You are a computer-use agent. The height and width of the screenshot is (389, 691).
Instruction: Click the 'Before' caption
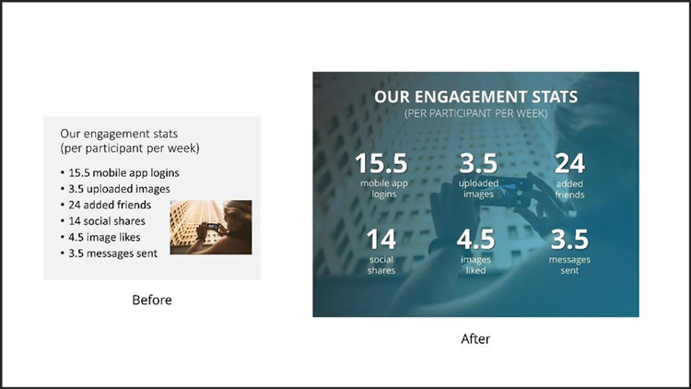152,300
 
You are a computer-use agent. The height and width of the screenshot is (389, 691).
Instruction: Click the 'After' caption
475,338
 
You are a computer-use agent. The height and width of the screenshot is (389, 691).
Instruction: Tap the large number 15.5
381,163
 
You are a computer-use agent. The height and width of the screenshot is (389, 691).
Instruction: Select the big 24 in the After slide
569,164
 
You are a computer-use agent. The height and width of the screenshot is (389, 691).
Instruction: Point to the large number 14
381,240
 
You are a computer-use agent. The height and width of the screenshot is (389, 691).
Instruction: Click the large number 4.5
475,240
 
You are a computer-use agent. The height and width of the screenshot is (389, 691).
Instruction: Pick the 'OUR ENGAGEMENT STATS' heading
476,97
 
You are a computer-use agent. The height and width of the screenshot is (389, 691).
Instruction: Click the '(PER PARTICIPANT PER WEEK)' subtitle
476,113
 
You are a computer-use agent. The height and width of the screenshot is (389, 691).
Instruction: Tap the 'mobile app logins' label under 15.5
384,189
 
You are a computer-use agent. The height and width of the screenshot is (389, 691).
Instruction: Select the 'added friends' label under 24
569,189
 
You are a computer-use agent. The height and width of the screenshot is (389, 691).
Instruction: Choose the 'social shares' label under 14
381,265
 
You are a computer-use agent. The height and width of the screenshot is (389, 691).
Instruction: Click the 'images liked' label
476,265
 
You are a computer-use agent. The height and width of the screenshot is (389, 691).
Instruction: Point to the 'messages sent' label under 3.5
569,265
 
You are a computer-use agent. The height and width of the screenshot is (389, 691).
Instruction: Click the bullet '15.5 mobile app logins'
120,173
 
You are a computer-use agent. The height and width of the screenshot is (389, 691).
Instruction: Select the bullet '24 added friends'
106,205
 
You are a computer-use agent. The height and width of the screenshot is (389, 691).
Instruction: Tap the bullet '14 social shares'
102,221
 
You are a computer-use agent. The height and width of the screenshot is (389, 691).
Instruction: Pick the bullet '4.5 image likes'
100,237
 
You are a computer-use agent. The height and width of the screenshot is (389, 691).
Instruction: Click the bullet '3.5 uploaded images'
115,189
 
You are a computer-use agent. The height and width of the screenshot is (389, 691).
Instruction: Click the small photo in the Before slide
211,227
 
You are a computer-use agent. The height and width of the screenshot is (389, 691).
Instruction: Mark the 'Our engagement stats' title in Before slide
119,134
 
